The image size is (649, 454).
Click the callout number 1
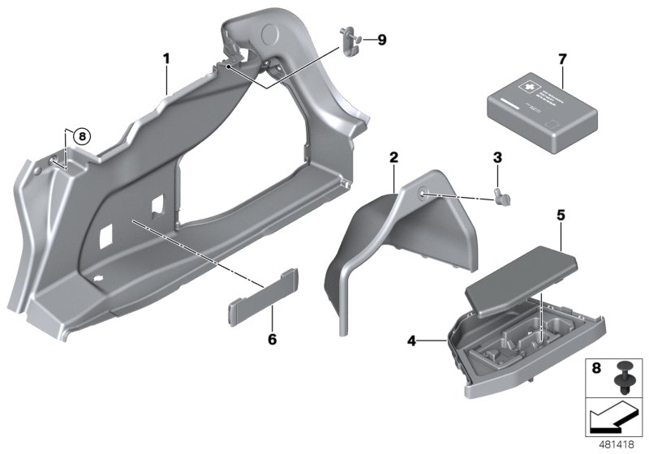pyautogui.click(x=165, y=58)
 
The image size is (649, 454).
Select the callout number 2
pyautogui.click(x=393, y=156)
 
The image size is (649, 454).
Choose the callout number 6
pyautogui.click(x=272, y=338)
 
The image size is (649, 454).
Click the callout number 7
pyautogui.click(x=560, y=59)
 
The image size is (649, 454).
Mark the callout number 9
pyautogui.click(x=382, y=38)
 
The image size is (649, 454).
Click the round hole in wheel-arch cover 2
pyautogui.click(x=424, y=194)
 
